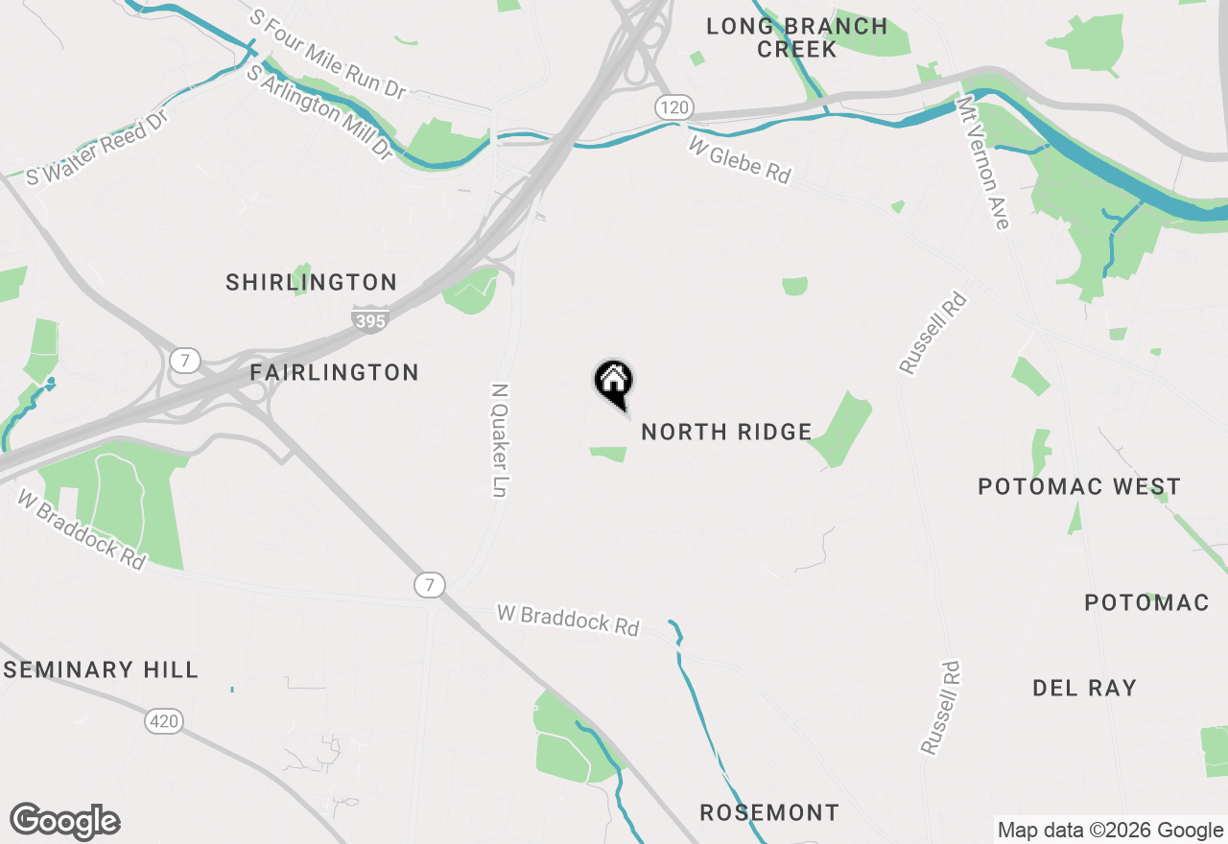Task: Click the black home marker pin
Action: (x=614, y=383)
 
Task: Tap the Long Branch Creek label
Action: (x=797, y=37)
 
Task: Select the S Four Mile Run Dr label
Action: (x=327, y=54)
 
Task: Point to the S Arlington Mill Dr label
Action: (x=319, y=112)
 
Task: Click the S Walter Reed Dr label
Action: (x=97, y=146)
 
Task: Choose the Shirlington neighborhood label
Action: (x=311, y=283)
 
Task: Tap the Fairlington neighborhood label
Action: (x=334, y=372)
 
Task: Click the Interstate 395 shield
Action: (x=369, y=318)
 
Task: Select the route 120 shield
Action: (x=673, y=106)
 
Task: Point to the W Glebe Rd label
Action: (x=740, y=159)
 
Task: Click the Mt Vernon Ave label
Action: (x=984, y=161)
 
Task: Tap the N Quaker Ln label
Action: (x=499, y=440)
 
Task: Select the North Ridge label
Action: (x=726, y=433)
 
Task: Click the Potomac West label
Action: (x=1079, y=486)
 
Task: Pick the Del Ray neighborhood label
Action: (x=1084, y=688)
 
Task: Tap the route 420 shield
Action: (x=164, y=720)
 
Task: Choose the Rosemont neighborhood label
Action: (x=769, y=812)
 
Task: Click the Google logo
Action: (x=64, y=821)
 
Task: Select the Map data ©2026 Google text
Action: (x=1110, y=831)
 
